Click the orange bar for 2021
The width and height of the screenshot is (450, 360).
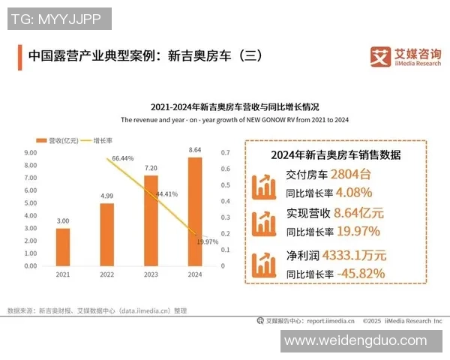(x=63, y=247)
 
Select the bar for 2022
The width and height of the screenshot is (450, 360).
(x=106, y=234)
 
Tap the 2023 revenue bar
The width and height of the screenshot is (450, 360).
(x=151, y=220)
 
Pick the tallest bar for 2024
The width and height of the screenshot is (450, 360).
(x=195, y=211)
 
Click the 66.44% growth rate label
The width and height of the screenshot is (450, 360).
(x=122, y=159)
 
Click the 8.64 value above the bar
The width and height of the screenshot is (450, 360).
(x=195, y=151)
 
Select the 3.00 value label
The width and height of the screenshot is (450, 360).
(x=63, y=221)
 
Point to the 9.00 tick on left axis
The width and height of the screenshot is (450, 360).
(x=31, y=152)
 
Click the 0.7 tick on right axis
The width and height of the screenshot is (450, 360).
(x=224, y=152)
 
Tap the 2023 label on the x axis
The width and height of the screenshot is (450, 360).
(x=151, y=275)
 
